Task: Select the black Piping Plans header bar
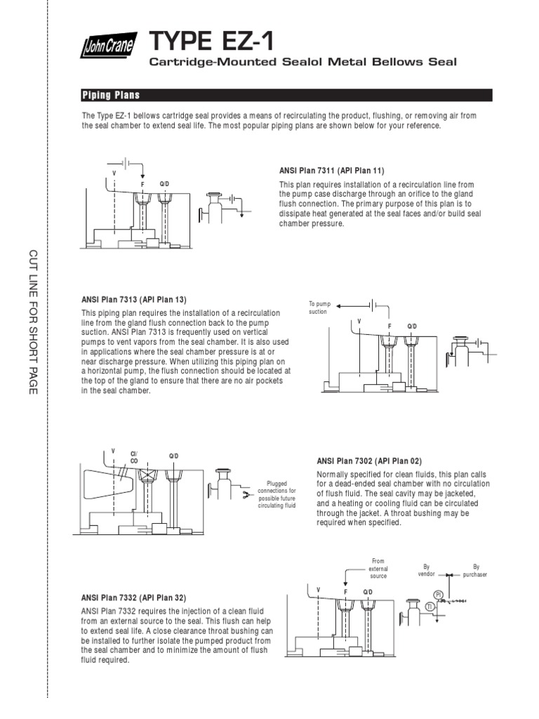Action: [287, 95]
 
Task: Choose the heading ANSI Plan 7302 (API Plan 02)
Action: [369, 461]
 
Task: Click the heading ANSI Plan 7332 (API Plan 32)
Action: [134, 598]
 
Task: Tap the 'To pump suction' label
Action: [319, 308]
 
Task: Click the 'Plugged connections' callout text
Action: [277, 494]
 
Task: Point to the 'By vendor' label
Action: [425, 569]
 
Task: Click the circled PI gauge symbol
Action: [438, 594]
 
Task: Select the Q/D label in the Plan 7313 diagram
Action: [412, 327]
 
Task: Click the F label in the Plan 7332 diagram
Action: [345, 592]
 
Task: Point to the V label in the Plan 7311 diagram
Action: [113, 173]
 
